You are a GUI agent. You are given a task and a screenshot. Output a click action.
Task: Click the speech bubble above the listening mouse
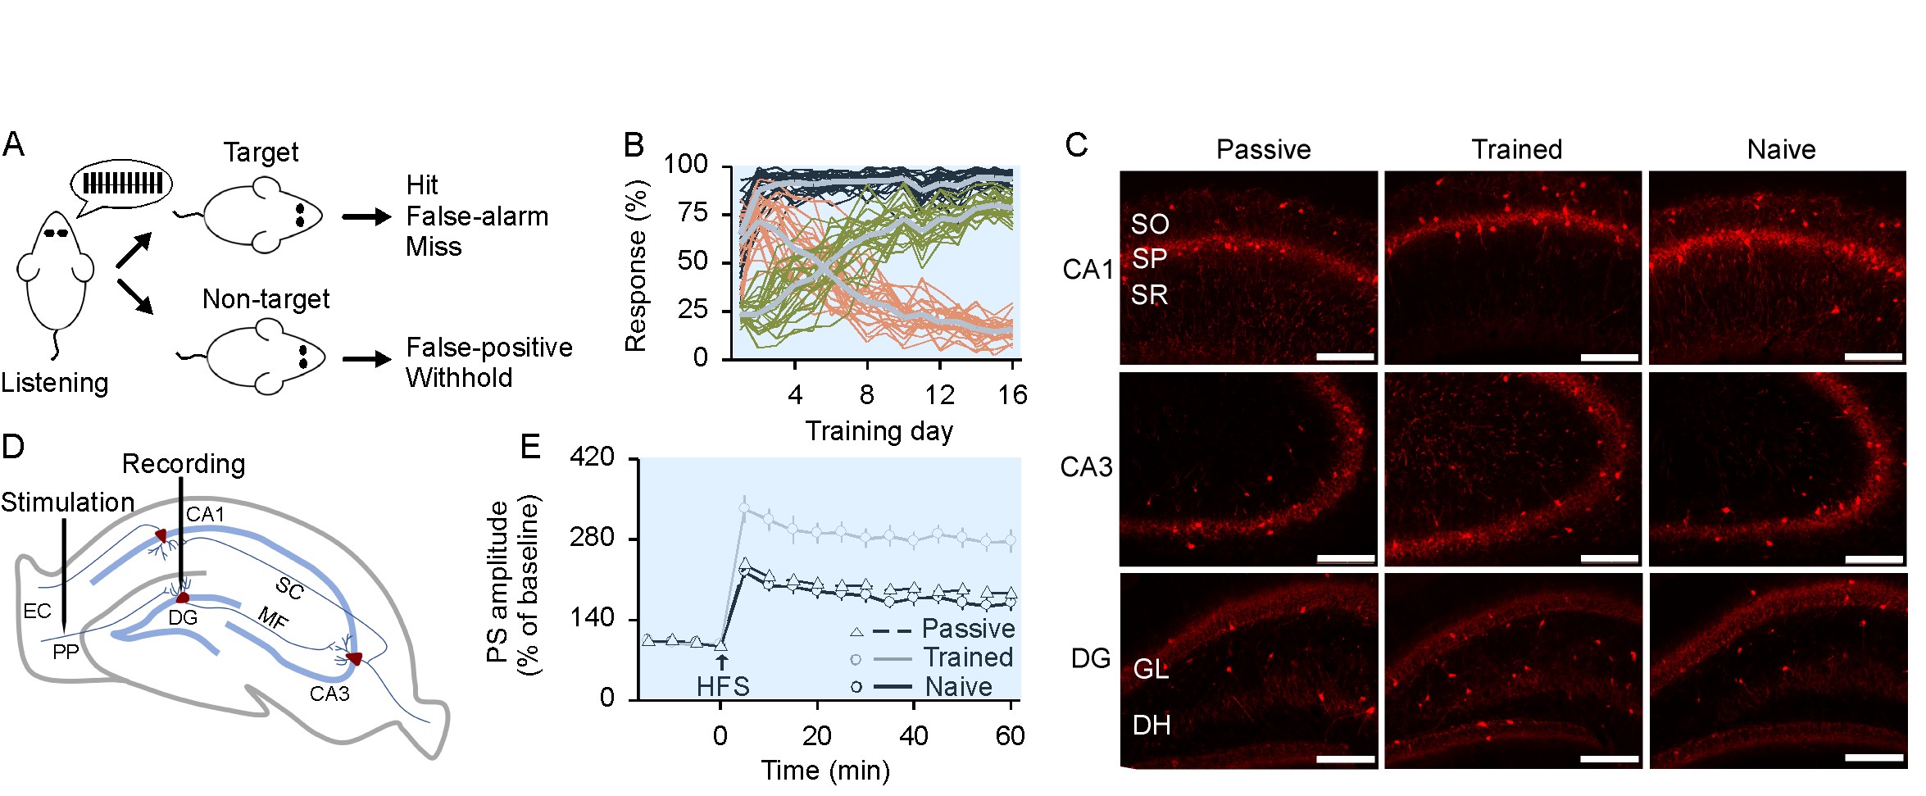(x=122, y=183)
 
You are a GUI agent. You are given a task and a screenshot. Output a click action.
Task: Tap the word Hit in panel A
(x=422, y=185)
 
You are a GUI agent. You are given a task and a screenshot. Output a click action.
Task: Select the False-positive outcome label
(x=489, y=348)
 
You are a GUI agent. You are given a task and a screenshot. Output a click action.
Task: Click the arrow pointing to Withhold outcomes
(x=366, y=359)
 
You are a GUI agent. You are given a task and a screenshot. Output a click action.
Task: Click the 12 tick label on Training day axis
(x=939, y=396)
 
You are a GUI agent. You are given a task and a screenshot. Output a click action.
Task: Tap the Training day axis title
(x=879, y=431)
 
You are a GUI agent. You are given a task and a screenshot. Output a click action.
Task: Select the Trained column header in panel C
(x=1516, y=149)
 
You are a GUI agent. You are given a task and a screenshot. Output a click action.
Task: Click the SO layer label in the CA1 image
(x=1150, y=225)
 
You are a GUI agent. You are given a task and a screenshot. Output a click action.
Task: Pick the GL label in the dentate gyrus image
(x=1151, y=670)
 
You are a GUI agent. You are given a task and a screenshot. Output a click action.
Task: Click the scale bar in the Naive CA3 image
(x=1874, y=559)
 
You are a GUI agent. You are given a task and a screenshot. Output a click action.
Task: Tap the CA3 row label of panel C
(x=1086, y=467)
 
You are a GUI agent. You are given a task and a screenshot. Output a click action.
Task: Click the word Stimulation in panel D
(x=67, y=502)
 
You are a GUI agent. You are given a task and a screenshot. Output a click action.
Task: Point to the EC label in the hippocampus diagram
(x=37, y=611)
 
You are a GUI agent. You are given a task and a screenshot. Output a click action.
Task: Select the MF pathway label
(x=273, y=618)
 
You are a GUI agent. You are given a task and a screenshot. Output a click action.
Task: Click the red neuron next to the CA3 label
(x=353, y=658)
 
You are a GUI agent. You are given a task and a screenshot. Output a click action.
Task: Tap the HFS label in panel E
(x=723, y=686)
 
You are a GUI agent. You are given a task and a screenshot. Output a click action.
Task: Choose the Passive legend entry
(x=968, y=629)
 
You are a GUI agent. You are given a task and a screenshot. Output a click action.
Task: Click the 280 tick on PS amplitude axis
(x=592, y=538)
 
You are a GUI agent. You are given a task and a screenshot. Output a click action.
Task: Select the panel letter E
(x=530, y=448)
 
